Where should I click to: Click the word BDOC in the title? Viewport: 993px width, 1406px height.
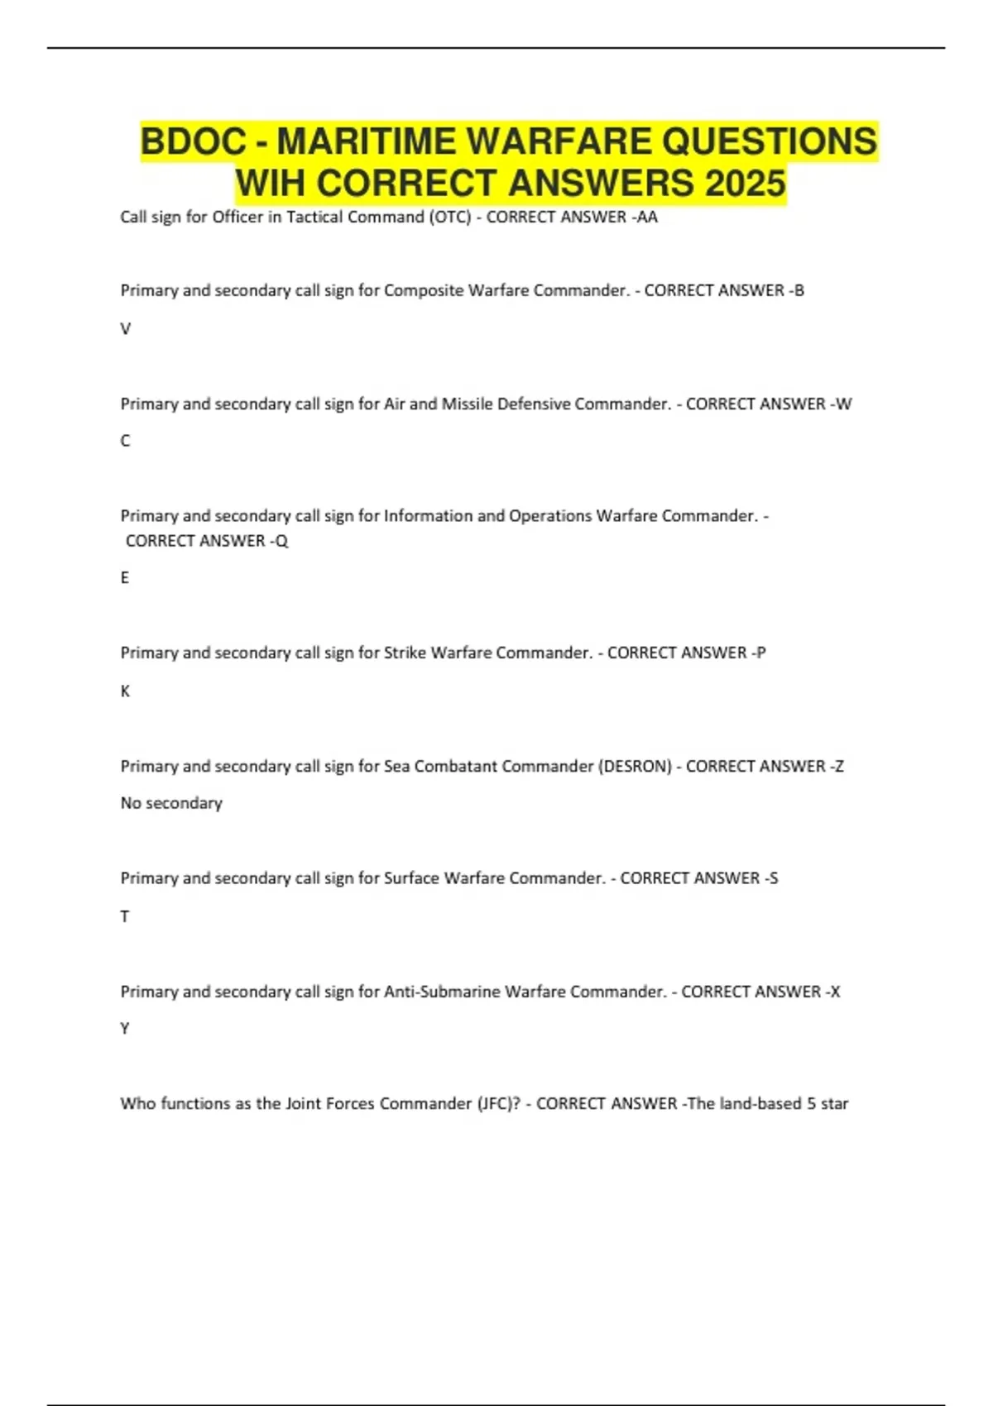[193, 141]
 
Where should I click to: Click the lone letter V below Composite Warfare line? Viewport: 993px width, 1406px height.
[126, 328]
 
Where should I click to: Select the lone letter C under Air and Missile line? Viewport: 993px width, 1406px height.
[126, 441]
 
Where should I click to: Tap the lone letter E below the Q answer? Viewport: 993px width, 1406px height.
[125, 577]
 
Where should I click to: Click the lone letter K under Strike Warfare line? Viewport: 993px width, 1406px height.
[126, 691]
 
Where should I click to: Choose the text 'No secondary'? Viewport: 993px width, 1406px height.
[171, 803]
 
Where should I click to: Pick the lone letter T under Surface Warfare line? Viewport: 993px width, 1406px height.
[125, 916]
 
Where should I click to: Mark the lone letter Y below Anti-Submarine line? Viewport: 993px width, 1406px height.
[125, 1028]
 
